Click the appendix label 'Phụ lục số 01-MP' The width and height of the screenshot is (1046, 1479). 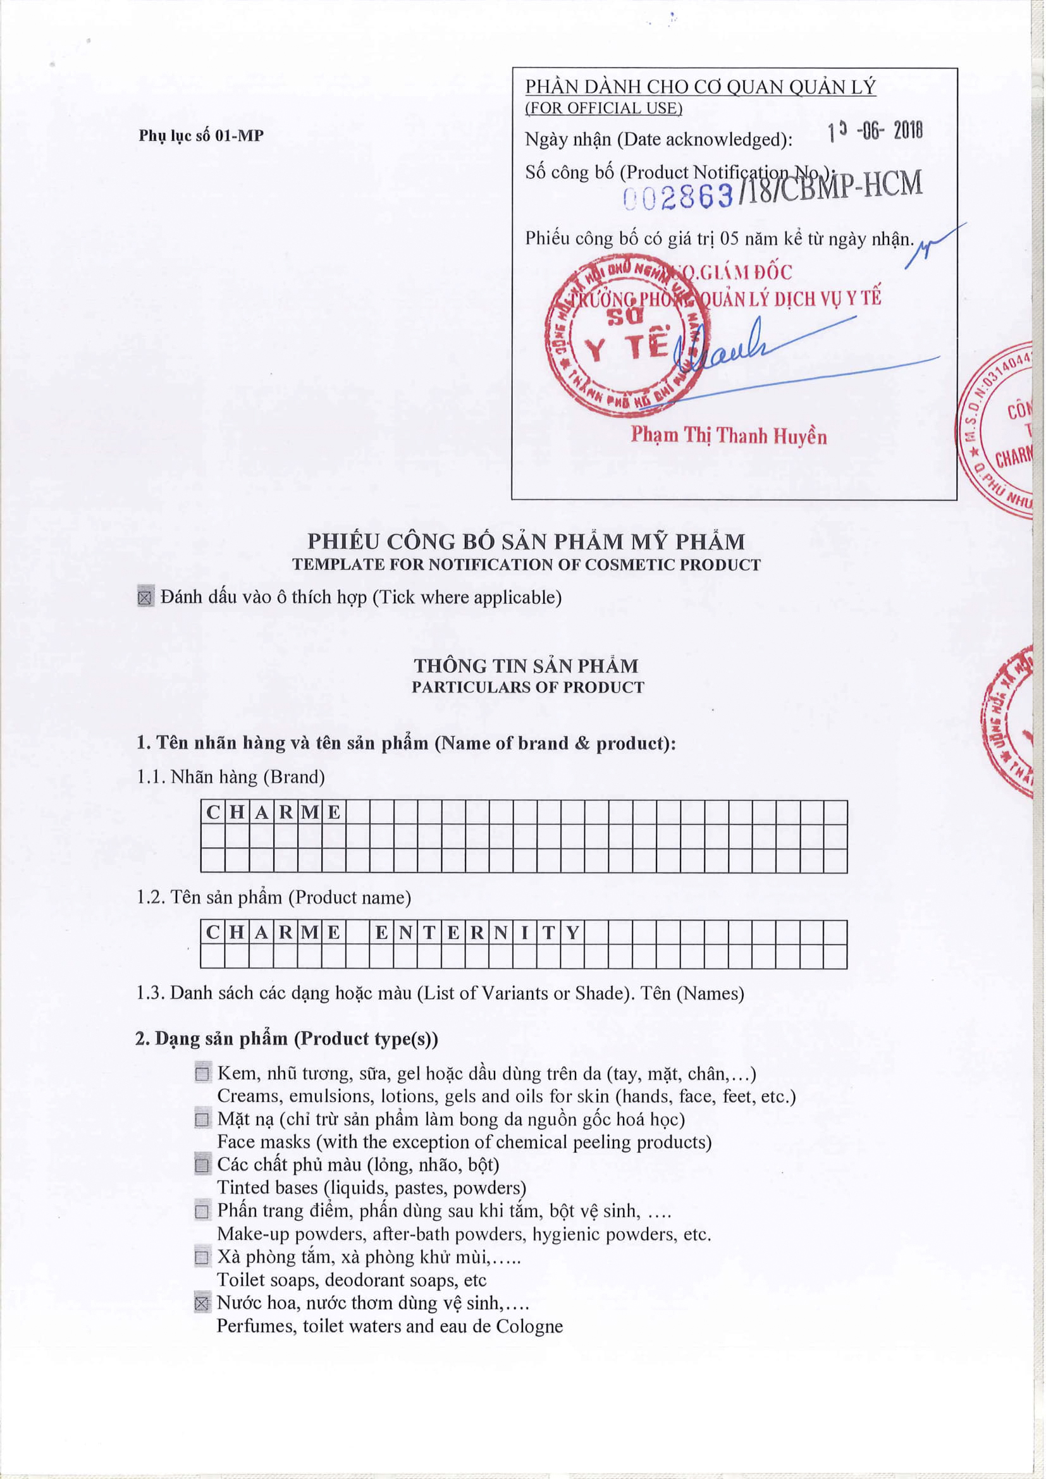point(201,136)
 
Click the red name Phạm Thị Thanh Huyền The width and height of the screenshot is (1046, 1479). point(729,436)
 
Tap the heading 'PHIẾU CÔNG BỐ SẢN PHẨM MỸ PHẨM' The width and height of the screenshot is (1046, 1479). point(526,542)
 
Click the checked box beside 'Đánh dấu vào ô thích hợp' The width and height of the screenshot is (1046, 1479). point(145,597)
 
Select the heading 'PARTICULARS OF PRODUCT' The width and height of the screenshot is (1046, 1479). point(527,687)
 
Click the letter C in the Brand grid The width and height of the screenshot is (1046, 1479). point(212,813)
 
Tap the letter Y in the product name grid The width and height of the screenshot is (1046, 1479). point(572,932)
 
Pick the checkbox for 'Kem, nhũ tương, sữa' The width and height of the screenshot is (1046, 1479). point(202,1074)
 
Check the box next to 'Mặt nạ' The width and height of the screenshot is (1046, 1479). point(202,1120)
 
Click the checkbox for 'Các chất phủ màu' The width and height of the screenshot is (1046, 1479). point(202,1165)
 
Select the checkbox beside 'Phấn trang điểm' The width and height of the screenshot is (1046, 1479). point(202,1211)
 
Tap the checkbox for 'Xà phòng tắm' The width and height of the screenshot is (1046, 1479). point(202,1257)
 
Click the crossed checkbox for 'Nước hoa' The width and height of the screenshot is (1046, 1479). point(202,1303)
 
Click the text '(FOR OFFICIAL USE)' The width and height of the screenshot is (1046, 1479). point(603,108)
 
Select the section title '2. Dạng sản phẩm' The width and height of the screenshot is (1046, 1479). point(286,1039)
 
